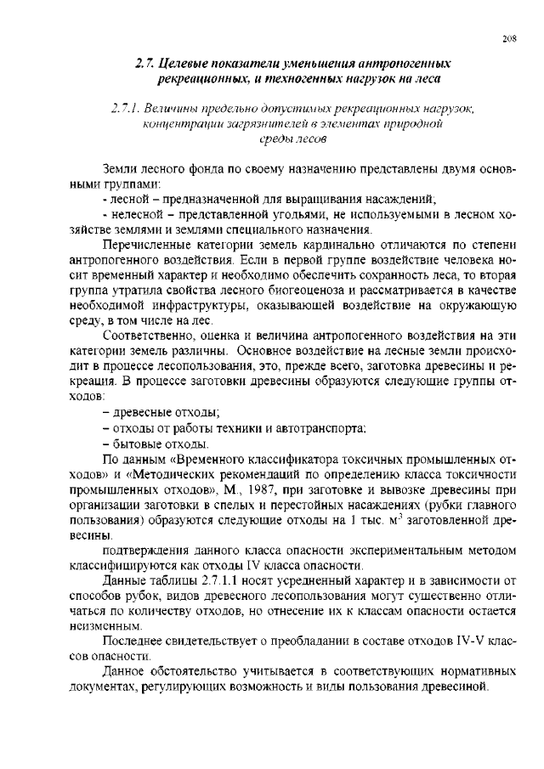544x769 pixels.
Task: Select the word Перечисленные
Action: pyautogui.click(x=144, y=244)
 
